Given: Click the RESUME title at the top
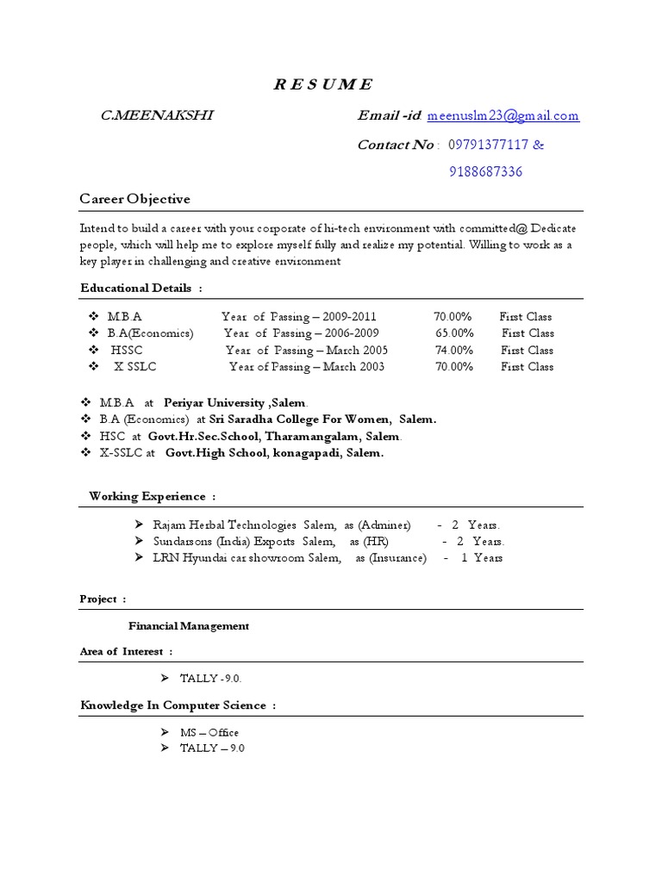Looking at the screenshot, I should coord(322,84).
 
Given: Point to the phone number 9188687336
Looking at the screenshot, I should coord(485,171).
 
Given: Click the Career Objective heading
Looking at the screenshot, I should coord(134,199).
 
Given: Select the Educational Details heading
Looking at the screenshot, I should coord(136,288).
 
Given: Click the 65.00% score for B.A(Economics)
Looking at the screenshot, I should coord(453,333).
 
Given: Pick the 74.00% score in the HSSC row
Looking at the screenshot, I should coord(453,350).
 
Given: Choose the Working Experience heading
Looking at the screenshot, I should coord(147,496).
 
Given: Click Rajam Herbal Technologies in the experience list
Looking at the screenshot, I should coord(224,525).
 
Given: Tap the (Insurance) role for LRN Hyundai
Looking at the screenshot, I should coord(398,558).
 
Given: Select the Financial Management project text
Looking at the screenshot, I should coord(189,626).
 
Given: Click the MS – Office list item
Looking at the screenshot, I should coord(209,732).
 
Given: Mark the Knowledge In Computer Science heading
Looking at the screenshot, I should coord(172,705).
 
